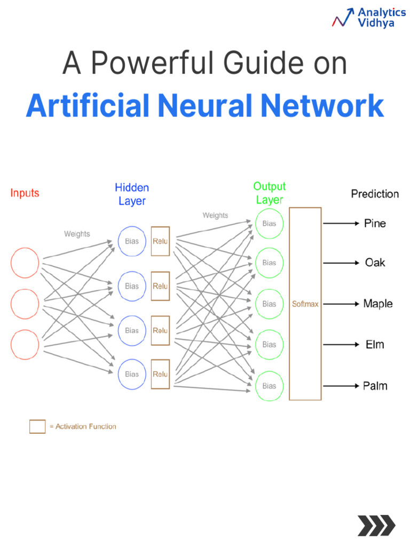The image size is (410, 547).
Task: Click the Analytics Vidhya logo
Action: (x=368, y=17)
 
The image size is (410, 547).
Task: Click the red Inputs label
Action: (x=25, y=193)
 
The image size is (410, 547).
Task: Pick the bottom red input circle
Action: (x=25, y=344)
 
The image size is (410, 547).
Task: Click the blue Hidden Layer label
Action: (x=132, y=194)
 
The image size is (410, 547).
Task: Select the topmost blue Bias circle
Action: (x=132, y=241)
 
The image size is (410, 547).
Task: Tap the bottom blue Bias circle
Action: (x=132, y=374)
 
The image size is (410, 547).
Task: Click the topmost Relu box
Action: (x=160, y=241)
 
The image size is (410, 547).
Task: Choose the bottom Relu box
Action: (x=160, y=374)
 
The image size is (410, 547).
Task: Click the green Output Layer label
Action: (x=269, y=193)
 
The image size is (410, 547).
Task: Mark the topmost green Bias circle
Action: (x=269, y=224)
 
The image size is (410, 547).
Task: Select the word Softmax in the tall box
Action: (x=305, y=304)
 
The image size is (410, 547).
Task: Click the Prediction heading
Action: (x=375, y=194)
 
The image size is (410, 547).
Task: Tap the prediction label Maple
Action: (x=377, y=304)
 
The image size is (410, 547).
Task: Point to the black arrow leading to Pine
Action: (x=341, y=224)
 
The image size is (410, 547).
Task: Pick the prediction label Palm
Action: (x=375, y=386)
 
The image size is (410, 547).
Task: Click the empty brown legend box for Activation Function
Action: (x=37, y=426)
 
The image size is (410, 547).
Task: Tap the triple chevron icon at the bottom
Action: (x=376, y=526)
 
